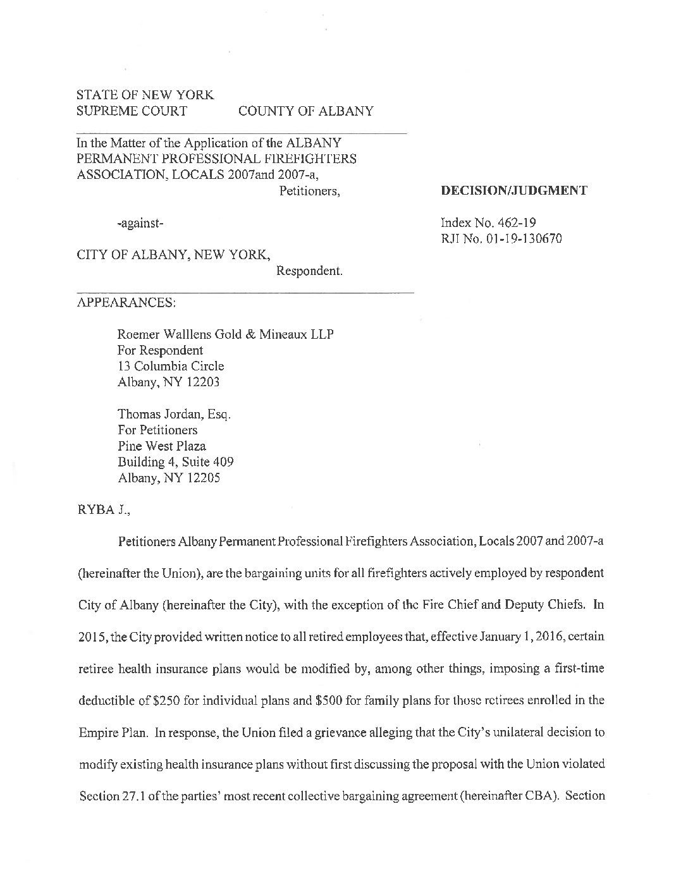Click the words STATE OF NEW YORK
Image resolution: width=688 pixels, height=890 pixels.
[x=145, y=95]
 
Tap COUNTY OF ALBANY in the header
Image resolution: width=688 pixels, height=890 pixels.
[x=305, y=111]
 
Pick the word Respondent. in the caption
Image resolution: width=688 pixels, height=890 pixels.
[x=309, y=271]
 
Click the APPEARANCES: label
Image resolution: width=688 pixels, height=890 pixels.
[x=126, y=302]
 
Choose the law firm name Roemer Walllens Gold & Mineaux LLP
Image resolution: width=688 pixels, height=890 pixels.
[x=225, y=334]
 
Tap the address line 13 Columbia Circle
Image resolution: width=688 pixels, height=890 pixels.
[x=171, y=366]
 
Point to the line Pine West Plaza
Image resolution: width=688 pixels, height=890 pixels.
[x=161, y=446]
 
